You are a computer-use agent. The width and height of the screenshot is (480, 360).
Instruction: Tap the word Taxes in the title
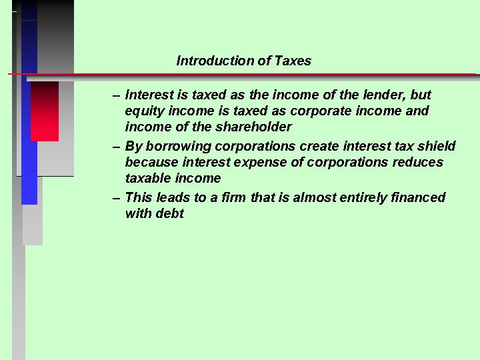click(x=294, y=61)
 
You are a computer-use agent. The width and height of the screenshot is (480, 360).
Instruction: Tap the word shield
click(x=437, y=146)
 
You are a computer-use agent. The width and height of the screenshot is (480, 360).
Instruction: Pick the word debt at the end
click(x=170, y=213)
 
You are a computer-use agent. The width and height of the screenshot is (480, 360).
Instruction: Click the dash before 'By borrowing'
click(x=117, y=146)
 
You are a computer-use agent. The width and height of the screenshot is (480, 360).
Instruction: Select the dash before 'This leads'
click(x=117, y=197)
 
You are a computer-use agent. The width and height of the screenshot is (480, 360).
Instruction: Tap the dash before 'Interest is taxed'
click(x=117, y=95)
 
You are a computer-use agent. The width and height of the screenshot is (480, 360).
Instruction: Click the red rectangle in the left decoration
click(x=45, y=111)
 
